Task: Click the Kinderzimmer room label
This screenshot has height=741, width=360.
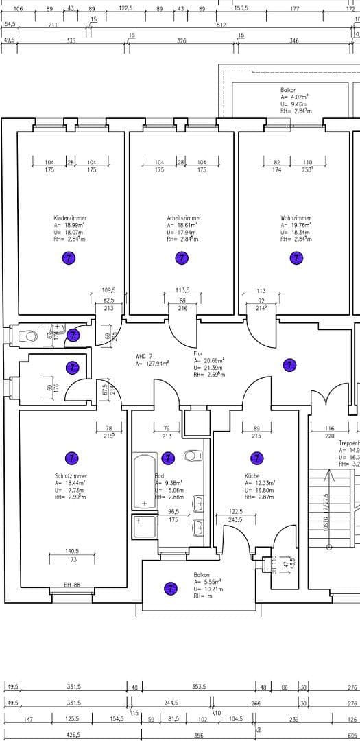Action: tap(70, 218)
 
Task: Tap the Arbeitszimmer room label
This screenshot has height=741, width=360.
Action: tap(183, 218)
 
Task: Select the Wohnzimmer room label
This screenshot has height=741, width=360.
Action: tap(296, 218)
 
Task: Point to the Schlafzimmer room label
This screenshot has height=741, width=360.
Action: tap(71, 475)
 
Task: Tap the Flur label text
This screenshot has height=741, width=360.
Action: tap(198, 353)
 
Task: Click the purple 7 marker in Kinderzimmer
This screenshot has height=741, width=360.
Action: tap(69, 258)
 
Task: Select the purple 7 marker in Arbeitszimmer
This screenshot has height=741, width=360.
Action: tap(182, 258)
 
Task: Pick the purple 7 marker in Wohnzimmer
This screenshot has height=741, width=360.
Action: tap(296, 258)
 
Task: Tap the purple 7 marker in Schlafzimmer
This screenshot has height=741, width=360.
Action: tap(69, 458)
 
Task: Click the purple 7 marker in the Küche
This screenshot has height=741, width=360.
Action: tap(256, 458)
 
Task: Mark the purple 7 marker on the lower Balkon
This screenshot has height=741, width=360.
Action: tap(170, 588)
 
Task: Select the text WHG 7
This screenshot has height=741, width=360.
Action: tap(145, 356)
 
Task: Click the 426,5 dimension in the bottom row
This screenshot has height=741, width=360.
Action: tap(73, 735)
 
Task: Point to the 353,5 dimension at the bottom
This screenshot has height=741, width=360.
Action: tap(200, 686)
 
